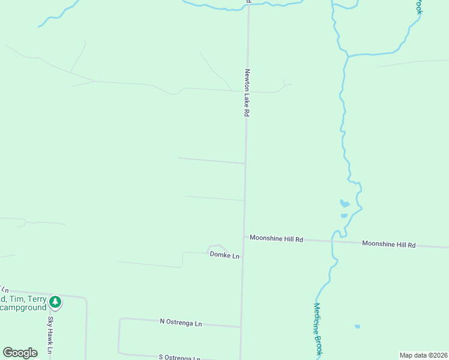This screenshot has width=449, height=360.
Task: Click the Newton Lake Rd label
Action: tap(247, 92)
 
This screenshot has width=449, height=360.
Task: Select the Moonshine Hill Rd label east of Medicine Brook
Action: tap(389, 244)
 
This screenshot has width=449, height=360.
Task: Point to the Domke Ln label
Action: tap(224, 255)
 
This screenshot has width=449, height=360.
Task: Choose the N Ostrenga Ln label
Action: tap(181, 323)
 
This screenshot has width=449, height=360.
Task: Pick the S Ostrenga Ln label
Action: tap(179, 358)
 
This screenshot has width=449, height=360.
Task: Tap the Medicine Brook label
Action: tap(318, 327)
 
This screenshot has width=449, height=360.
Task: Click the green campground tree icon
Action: tap(55, 301)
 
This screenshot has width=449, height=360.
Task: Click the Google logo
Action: tap(20, 352)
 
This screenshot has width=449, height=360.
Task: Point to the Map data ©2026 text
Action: tap(423, 355)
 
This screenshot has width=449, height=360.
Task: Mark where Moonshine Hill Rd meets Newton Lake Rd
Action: tap(244, 237)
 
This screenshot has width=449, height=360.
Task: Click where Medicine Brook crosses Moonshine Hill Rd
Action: tap(333, 241)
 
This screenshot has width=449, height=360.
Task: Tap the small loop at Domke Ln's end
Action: tap(217, 247)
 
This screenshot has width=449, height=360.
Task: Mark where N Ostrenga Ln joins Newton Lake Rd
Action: tap(241, 327)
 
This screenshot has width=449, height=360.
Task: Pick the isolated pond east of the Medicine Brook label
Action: tap(357, 326)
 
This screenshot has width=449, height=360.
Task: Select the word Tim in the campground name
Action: tap(15, 299)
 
